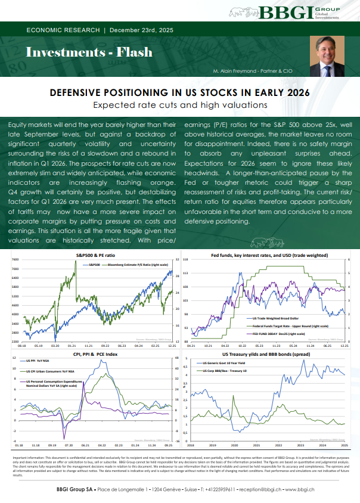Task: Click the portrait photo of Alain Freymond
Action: pos(327,60)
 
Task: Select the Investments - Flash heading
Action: pos(70,52)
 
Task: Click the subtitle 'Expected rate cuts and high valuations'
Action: pos(179,105)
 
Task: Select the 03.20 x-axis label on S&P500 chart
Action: pos(55,346)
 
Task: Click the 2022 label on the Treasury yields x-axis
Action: pos(278,445)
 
